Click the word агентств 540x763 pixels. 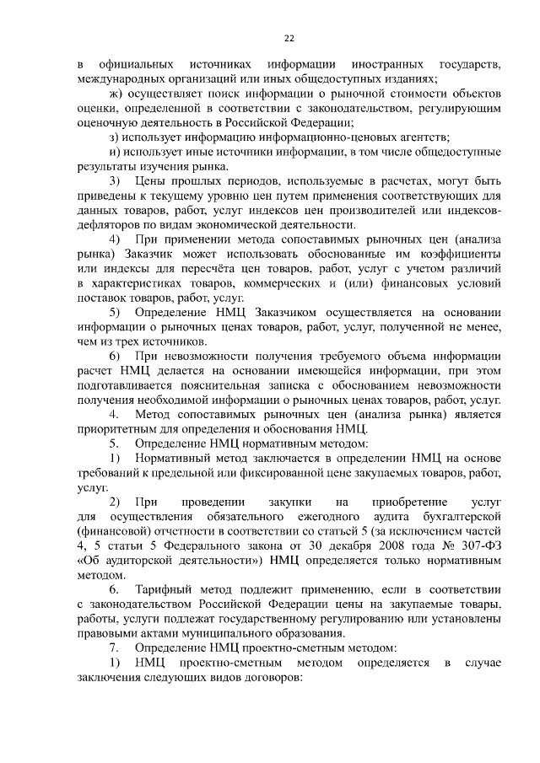pos(422,137)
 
